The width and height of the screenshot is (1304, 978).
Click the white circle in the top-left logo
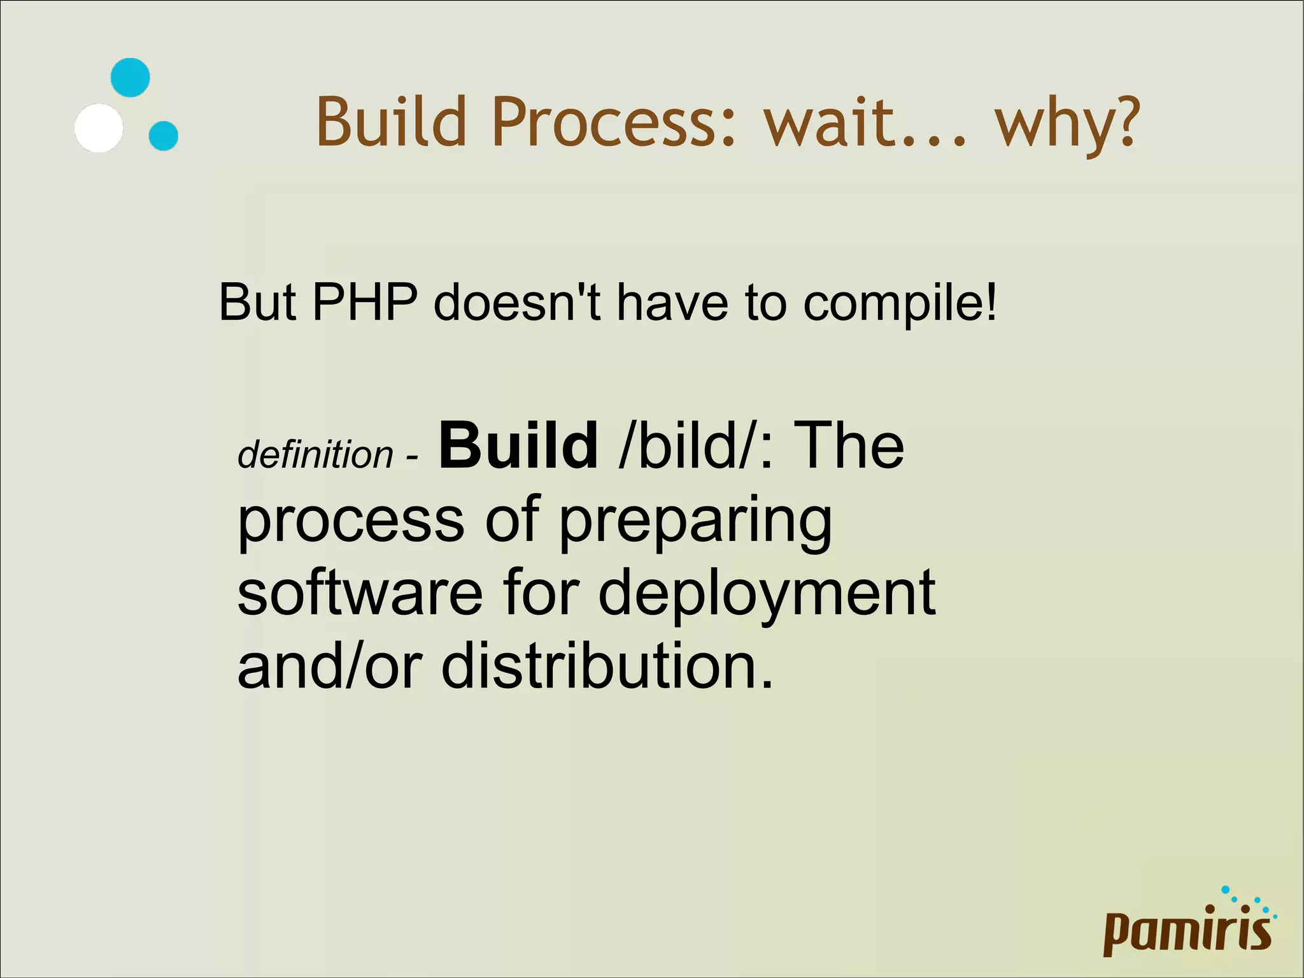point(99,127)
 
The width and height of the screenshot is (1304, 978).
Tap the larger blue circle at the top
point(130,78)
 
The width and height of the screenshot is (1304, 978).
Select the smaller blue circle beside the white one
point(163,136)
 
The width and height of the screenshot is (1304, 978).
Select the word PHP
point(365,302)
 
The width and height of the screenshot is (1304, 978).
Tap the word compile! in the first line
point(900,303)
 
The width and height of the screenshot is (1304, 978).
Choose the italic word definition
point(315,455)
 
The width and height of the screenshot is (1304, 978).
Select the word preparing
point(695,522)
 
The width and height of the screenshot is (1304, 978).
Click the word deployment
point(767,594)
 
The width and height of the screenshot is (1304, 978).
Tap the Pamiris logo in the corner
point(1188,927)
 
